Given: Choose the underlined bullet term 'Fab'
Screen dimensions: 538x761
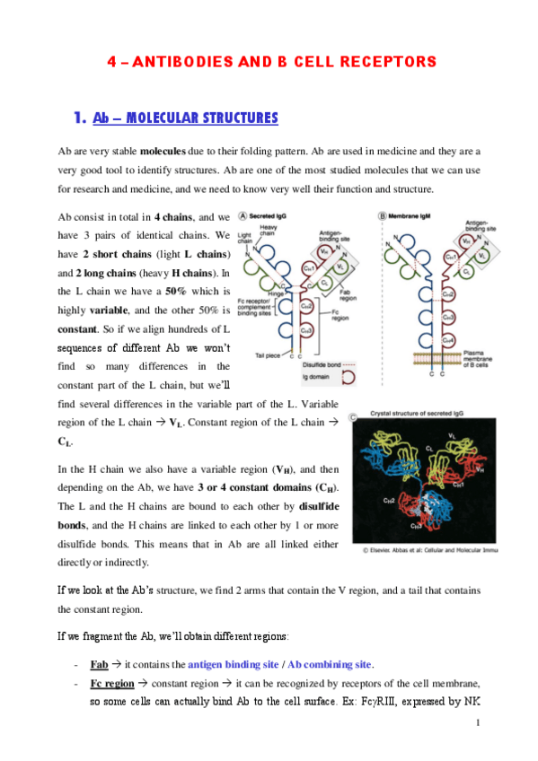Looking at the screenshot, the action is point(100,664).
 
